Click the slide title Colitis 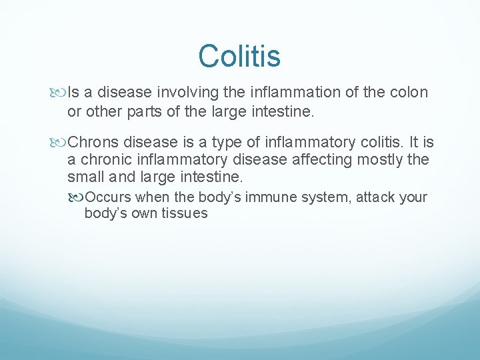tap(239, 56)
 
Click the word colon tap(409, 92)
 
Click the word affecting tap(328, 160)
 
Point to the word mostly tap(384, 160)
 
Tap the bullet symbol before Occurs tap(79, 197)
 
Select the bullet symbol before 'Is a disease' tap(61, 92)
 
